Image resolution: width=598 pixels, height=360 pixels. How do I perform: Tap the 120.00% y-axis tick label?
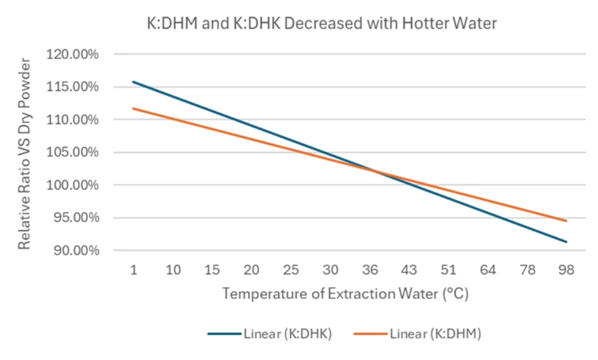click(x=73, y=54)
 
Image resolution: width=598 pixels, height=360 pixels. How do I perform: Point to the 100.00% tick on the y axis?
click(x=73, y=185)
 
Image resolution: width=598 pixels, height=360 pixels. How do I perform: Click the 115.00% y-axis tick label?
click(x=73, y=87)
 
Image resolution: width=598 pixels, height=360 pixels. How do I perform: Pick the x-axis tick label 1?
click(x=133, y=270)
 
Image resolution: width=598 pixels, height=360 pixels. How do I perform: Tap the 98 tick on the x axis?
click(x=566, y=270)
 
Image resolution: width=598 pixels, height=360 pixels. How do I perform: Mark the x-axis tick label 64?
click(x=487, y=270)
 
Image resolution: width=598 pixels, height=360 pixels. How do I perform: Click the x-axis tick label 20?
click(x=251, y=270)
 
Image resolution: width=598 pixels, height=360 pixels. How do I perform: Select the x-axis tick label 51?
click(x=448, y=270)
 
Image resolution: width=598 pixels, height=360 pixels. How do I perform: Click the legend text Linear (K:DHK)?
click(x=287, y=334)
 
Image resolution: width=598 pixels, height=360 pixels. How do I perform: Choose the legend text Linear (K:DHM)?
click(x=435, y=334)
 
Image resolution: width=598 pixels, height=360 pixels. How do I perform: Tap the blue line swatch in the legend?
click(x=224, y=334)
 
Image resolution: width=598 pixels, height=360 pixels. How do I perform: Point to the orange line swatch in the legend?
click(x=371, y=334)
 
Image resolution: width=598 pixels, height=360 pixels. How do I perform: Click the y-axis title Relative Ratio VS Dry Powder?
click(x=24, y=153)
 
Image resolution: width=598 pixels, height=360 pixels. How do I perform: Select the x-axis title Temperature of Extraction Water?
click(x=346, y=294)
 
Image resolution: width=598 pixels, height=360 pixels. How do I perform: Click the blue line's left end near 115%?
click(x=133, y=82)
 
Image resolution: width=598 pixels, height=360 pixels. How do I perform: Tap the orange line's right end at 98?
click(x=566, y=221)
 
